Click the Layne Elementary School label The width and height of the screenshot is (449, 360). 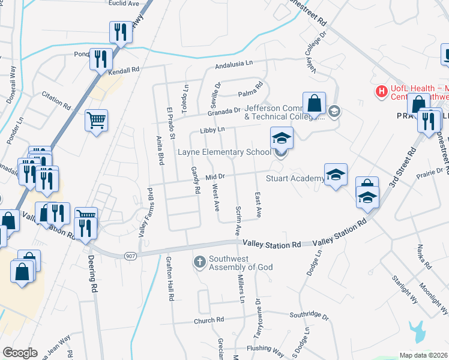click(x=224, y=152)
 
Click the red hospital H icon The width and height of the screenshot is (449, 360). click(x=380, y=91)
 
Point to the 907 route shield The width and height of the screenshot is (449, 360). click(x=130, y=256)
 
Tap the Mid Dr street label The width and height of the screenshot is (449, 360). click(x=215, y=177)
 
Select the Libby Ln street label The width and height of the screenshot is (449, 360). click(x=212, y=130)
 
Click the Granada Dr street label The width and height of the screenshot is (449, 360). click(x=224, y=110)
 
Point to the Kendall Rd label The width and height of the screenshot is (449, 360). click(x=124, y=70)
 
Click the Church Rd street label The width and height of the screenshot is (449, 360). click(x=208, y=320)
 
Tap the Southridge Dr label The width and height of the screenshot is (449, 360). click(x=309, y=315)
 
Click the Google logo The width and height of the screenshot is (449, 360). click(x=20, y=353)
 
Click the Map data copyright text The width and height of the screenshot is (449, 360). click(x=424, y=355)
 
